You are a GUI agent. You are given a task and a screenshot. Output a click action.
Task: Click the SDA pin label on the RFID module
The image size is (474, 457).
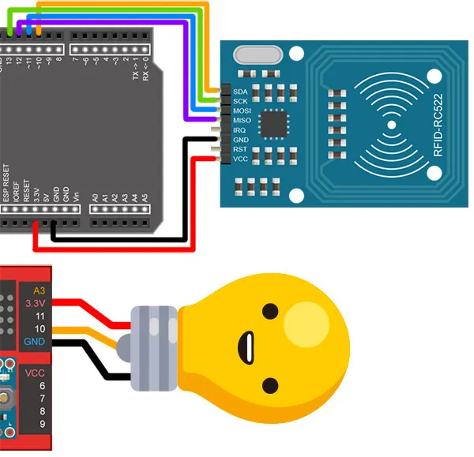(x=240, y=92)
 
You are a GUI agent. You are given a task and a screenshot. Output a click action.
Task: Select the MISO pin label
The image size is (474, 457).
(x=242, y=120)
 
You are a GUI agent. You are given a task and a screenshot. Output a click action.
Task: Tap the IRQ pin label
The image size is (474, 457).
(x=240, y=129)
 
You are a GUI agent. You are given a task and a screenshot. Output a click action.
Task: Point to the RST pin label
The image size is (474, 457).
(x=240, y=148)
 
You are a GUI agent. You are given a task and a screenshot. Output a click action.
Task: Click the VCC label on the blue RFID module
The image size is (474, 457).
(x=240, y=159)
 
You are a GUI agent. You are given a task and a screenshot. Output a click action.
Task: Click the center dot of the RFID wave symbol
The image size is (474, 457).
(x=389, y=125)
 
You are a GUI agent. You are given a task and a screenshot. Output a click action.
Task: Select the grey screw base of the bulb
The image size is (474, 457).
(x=153, y=347)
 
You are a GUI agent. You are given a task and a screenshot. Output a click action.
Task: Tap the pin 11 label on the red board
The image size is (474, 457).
(x=39, y=315)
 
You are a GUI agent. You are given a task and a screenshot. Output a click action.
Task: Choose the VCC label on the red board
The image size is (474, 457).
(x=35, y=373)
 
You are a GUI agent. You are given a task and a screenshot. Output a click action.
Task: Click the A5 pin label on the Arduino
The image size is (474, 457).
(x=144, y=197)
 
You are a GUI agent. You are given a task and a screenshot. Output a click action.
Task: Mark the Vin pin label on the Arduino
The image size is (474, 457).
(x=76, y=197)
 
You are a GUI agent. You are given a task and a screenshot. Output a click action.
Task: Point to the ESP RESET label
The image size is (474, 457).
(x=6, y=183)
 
